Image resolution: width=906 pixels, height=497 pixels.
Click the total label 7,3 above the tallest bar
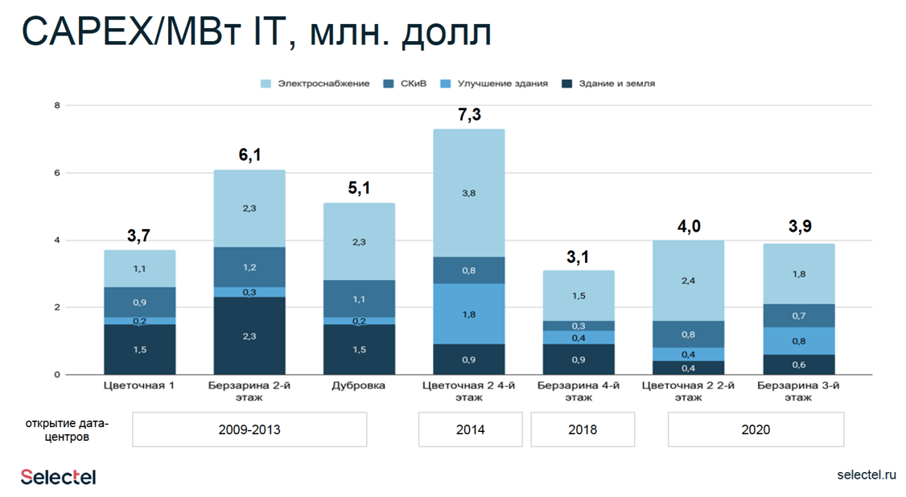[x=470, y=114]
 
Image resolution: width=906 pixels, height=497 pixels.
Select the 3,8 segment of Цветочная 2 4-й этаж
[x=470, y=193]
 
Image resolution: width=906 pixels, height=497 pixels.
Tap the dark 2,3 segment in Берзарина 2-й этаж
[x=249, y=336]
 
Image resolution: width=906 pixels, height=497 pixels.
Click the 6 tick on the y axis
[x=57, y=173]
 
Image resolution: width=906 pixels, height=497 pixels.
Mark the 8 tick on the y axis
[x=57, y=105]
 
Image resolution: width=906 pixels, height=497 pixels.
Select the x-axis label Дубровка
[x=358, y=385]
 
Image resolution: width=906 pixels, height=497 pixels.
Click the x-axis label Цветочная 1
[x=139, y=385]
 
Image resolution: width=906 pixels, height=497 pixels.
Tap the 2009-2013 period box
[x=249, y=429]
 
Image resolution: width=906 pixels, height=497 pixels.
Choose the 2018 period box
[x=583, y=429]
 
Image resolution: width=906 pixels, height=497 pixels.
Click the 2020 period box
[x=756, y=429]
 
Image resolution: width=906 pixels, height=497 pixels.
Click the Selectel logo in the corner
[x=58, y=477]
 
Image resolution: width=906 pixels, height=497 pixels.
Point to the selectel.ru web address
[x=866, y=474]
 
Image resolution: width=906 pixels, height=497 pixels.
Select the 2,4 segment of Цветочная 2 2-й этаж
[x=689, y=281]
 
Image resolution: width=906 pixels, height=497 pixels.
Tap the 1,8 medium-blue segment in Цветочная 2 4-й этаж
[x=470, y=314]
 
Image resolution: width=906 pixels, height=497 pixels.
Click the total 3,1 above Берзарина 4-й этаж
[x=579, y=257]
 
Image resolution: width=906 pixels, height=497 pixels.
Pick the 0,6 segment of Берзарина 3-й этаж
[x=798, y=364]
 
